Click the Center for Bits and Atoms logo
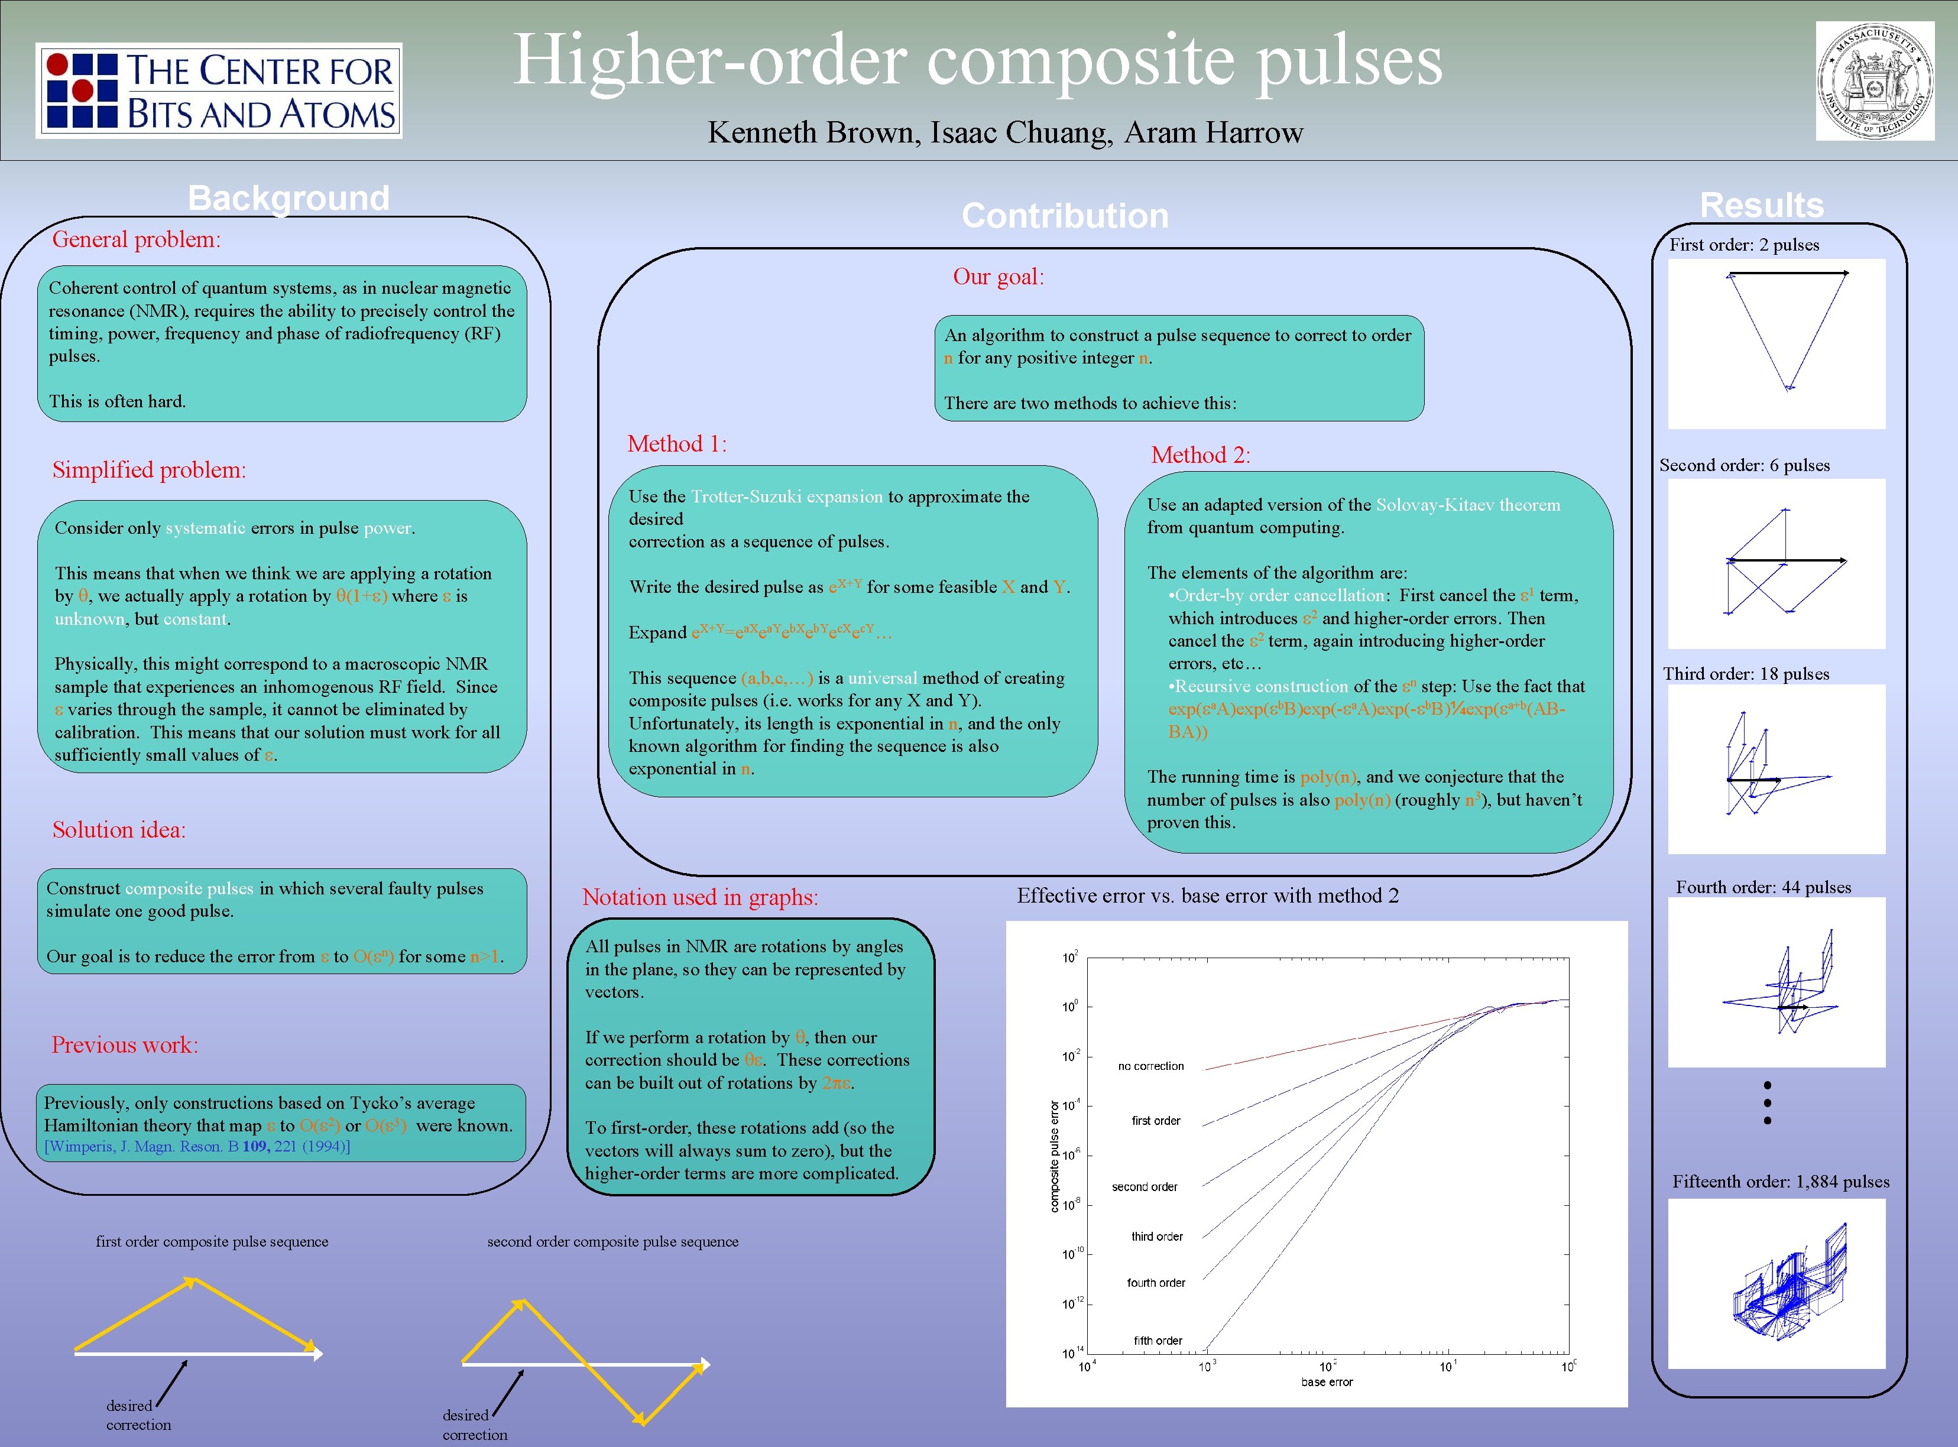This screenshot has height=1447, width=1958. point(219,90)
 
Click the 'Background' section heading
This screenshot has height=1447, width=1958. point(288,198)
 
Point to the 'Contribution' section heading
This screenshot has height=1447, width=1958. point(1064,216)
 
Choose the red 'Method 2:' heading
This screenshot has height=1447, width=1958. point(1200,455)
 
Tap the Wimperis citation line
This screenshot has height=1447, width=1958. point(197,1147)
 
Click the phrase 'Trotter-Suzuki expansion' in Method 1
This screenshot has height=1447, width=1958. point(787,497)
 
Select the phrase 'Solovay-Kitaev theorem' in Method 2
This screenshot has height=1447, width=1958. point(1467,505)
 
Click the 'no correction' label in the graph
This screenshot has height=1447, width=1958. point(1150,1066)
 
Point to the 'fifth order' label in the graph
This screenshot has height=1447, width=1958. point(1158,1340)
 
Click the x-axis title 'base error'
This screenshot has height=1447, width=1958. point(1327,1382)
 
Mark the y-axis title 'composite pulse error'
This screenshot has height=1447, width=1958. point(1054,1156)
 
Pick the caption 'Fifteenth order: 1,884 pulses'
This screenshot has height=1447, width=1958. point(1780,1182)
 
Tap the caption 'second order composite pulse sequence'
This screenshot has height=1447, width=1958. point(612,1241)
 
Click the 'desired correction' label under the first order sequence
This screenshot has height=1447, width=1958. point(138,1414)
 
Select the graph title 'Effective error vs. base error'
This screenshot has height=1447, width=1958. point(1207,895)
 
